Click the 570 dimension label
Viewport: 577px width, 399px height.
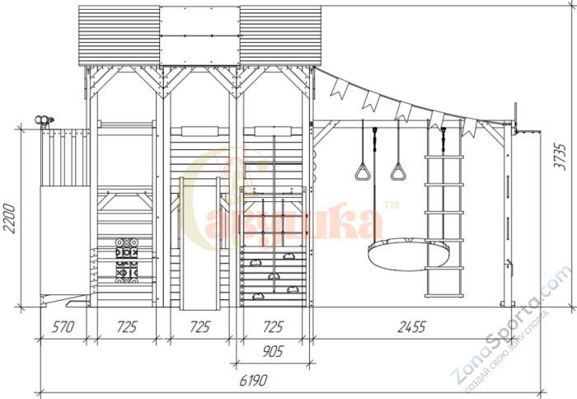click(63, 326)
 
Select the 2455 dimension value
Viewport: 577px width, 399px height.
click(412, 326)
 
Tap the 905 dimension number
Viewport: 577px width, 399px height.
click(273, 351)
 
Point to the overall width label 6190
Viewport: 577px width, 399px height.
click(253, 380)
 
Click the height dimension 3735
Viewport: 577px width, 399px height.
click(560, 157)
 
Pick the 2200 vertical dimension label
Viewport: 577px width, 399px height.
click(9, 218)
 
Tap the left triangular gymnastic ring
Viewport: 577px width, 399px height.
click(363, 171)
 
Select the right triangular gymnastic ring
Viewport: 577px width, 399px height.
click(398, 171)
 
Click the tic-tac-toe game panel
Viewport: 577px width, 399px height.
click(127, 261)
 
